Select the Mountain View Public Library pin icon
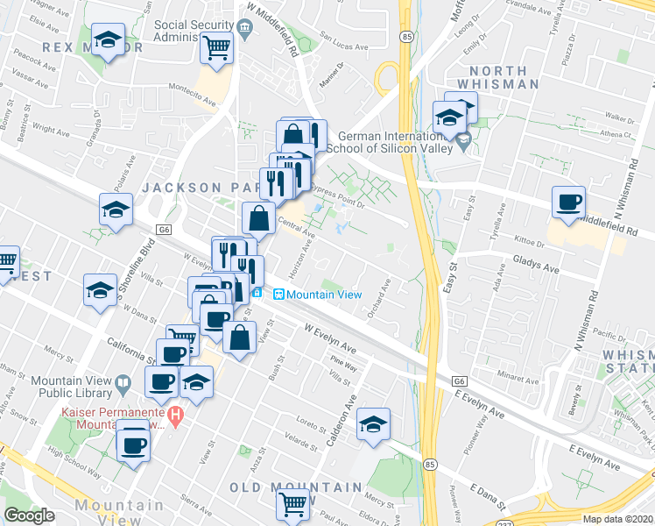[124, 381]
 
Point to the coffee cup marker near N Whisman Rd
[568, 203]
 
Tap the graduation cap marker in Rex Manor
[109, 41]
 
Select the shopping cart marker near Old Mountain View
[292, 503]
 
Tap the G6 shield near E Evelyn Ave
[460, 382]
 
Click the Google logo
[30, 515]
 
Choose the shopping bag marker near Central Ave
[258, 219]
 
